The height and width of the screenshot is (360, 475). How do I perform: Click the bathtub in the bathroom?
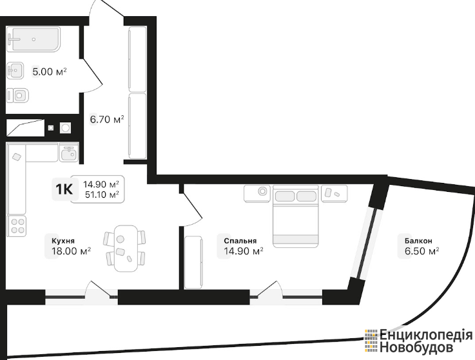34,39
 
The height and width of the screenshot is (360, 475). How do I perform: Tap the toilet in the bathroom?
18,96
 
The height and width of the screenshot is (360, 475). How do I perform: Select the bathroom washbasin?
15,71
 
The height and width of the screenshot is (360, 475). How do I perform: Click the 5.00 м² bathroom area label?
50,72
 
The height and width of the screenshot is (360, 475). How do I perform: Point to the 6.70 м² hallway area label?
107,120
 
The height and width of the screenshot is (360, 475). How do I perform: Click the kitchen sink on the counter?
69,153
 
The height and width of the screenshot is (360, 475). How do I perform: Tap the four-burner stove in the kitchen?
17,226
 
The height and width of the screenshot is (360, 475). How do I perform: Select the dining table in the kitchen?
126,249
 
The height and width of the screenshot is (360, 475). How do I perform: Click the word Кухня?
63,241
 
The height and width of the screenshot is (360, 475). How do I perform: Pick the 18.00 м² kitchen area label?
71,251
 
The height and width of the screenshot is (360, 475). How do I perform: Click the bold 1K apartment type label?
64,189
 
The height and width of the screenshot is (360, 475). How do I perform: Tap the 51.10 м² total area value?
102,194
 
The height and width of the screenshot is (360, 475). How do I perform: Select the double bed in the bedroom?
296,216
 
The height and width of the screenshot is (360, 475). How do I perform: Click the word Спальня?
240,241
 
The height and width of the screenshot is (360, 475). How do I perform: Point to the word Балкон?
418,241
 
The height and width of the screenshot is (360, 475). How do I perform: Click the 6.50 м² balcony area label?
422,251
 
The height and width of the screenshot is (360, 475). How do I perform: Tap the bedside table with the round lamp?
257,193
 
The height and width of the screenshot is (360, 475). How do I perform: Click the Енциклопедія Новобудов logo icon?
371,341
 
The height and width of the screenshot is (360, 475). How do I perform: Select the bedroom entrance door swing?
192,209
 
